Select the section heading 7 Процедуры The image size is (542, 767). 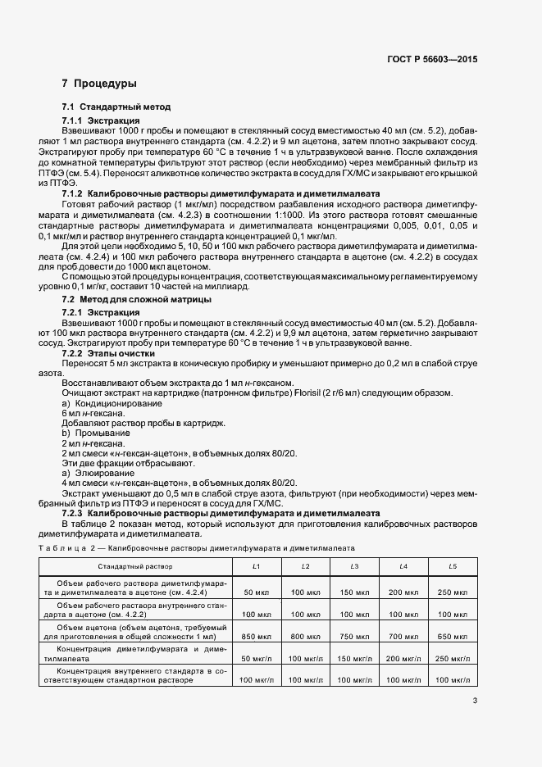click(x=99, y=84)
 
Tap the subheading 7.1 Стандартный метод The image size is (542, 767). click(x=116, y=107)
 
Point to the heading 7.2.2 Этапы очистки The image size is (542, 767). click(x=108, y=352)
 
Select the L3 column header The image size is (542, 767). click(x=354, y=566)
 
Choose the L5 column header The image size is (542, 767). click(x=452, y=566)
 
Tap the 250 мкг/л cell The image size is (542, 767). click(x=452, y=658)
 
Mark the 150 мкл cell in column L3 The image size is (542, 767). click(x=354, y=592)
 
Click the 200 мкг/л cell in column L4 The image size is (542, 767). click(x=403, y=658)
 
